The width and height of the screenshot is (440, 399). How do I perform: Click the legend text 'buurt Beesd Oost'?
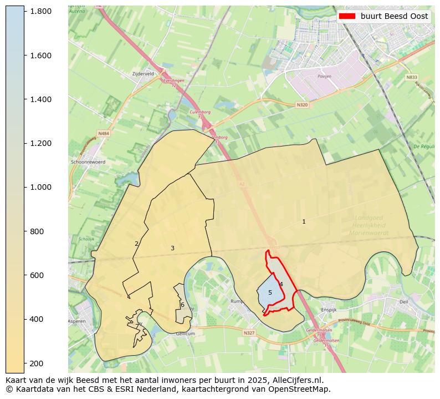(394, 16)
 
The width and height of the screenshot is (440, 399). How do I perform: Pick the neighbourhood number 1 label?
(304, 222)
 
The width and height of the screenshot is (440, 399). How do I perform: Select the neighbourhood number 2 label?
(136, 244)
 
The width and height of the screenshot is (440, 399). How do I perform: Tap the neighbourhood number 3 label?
(172, 248)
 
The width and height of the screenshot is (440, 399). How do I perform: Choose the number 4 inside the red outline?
(281, 284)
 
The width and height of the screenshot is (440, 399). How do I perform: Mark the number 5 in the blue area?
(270, 292)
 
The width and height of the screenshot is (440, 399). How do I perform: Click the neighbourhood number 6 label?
(182, 305)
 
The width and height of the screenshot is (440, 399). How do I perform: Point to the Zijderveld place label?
(142, 73)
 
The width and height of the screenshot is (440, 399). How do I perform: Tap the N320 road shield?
(301, 104)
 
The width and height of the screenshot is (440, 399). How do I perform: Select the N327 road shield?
(249, 333)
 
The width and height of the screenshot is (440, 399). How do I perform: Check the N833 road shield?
(411, 78)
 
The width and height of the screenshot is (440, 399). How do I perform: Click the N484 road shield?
(104, 133)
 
